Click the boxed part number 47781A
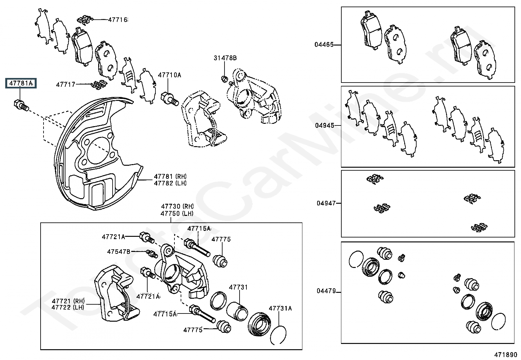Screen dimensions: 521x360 point(21,83)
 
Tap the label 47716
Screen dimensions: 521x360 point(118,20)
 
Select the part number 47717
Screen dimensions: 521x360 point(65,84)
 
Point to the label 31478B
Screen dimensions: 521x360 point(225,58)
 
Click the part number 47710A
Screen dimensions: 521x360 point(169,75)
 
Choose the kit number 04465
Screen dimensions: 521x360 point(324,45)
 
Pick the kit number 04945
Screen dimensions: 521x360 point(324,125)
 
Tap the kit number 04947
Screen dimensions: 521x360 point(326,203)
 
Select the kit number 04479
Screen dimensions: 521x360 point(326,291)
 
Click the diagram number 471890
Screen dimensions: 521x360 point(505,355)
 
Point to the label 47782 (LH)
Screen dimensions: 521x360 point(170,183)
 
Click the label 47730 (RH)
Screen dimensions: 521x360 point(177,206)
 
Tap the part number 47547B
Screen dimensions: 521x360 point(118,252)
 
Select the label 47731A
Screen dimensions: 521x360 point(280,308)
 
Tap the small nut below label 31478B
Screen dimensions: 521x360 point(224,79)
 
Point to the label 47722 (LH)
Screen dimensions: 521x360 point(68,307)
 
